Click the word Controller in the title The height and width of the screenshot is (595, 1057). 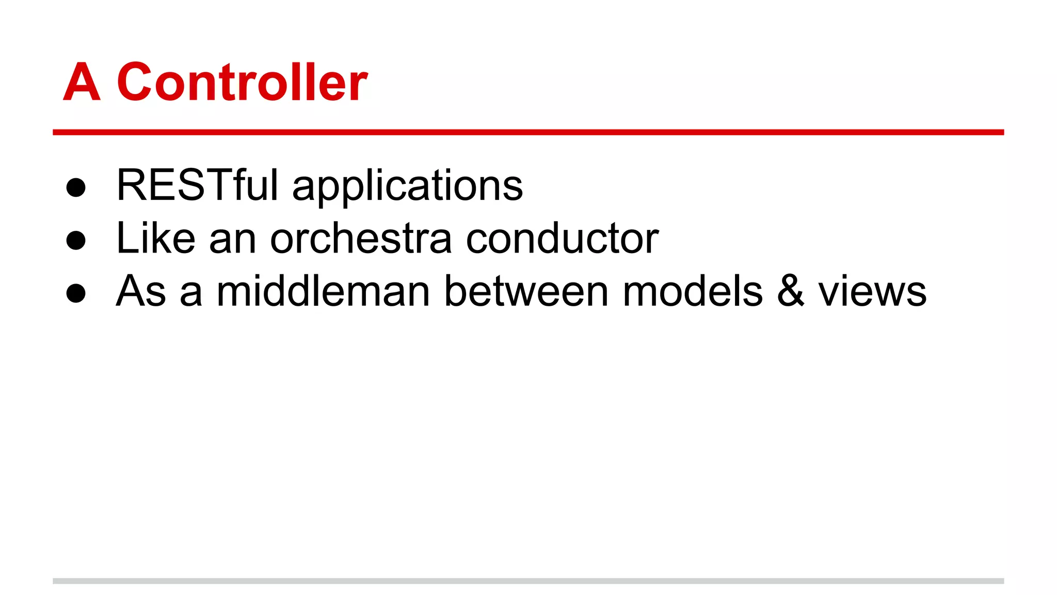242,82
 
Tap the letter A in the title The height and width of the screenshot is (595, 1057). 82,82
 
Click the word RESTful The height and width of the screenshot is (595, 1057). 198,185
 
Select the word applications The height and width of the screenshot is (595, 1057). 407,186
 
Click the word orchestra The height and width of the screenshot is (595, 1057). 361,239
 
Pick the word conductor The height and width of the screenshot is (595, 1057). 562,239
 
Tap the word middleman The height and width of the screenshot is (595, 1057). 323,291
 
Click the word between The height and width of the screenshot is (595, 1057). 526,291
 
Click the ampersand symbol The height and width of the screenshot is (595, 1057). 790,291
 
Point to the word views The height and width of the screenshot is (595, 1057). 872,292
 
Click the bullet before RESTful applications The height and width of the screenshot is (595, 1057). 76,187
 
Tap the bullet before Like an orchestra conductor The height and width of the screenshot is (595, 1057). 76,240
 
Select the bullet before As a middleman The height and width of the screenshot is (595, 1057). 76,293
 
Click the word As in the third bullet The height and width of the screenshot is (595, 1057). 141,291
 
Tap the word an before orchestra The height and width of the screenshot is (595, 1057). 233,241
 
